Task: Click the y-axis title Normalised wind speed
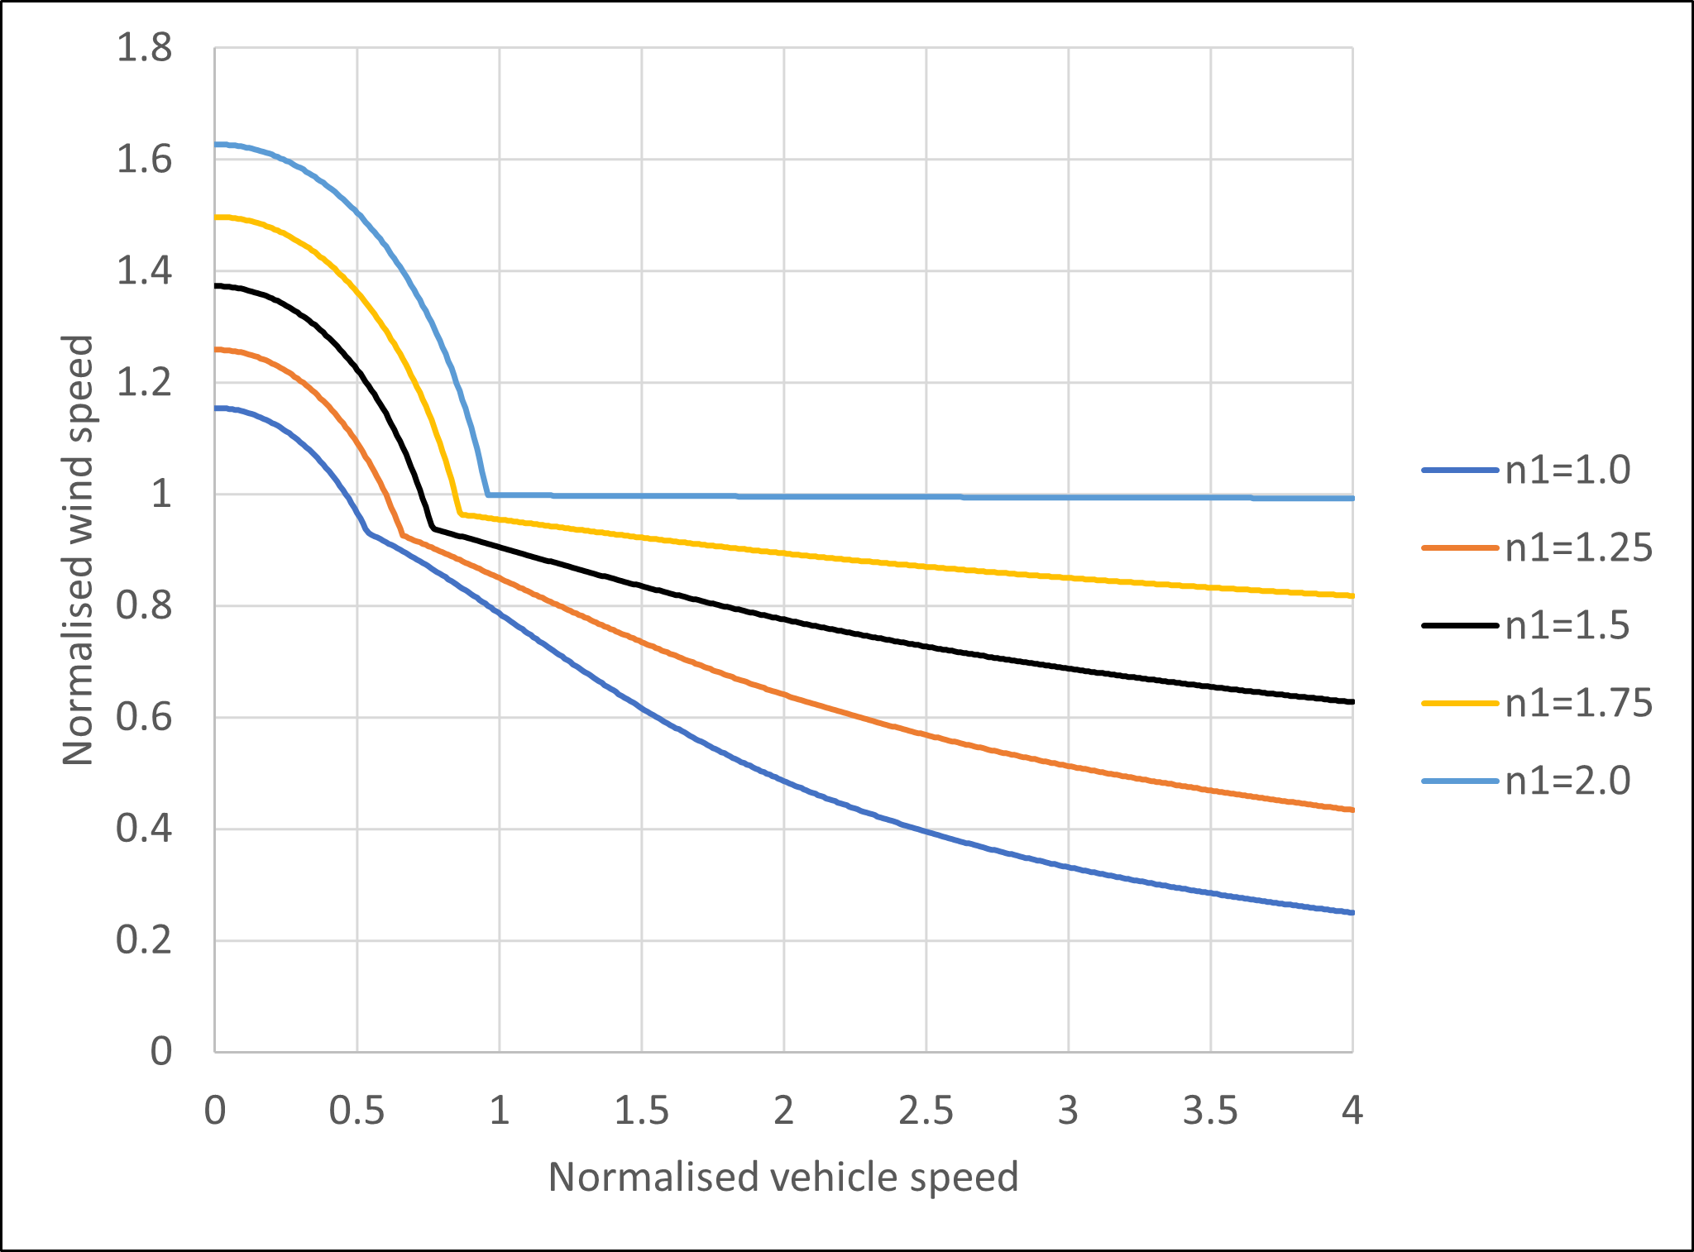tap(78, 550)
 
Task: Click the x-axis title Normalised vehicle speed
tap(783, 1177)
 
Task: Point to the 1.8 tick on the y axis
tap(144, 48)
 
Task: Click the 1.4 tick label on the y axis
tap(144, 271)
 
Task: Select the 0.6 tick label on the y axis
tap(144, 718)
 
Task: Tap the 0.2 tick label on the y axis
tap(144, 941)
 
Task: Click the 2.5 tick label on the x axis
tap(926, 1111)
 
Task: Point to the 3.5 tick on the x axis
tap(1210, 1111)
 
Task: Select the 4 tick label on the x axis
tap(1352, 1111)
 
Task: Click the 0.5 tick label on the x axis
tap(357, 1111)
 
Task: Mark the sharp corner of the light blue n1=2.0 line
tap(488, 495)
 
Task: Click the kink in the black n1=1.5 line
tap(433, 528)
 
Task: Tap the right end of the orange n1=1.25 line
tap(1352, 810)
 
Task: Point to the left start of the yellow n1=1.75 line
tap(216, 217)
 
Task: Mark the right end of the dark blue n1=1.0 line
tap(1352, 913)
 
